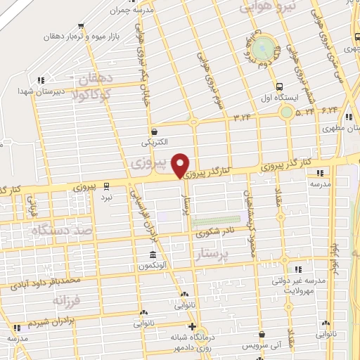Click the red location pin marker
181,165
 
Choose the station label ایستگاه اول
281,97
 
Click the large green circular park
264,49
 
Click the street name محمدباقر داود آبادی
53,281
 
